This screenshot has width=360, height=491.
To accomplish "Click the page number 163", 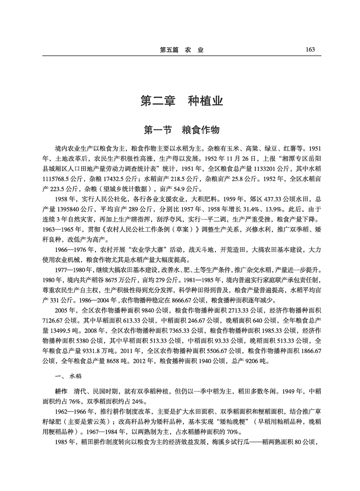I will pos(310,50).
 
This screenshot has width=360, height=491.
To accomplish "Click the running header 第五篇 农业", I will pos(182,50).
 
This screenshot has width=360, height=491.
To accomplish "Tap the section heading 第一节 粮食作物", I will pos(182,130).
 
